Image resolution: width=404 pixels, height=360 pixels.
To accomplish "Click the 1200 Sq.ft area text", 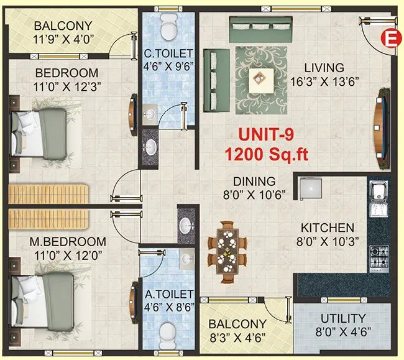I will tap(267, 153).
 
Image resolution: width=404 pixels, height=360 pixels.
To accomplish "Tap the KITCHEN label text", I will tap(328, 228).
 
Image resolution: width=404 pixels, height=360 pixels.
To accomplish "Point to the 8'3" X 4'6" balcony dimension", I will tap(237, 339).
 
